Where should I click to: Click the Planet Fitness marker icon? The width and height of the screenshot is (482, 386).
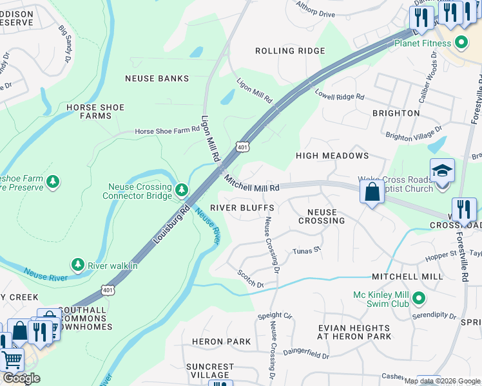pos(461,44)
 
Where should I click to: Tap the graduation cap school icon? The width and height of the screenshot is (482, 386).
pos(442,171)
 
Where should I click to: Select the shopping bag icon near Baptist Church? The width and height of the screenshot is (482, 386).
pos(372,192)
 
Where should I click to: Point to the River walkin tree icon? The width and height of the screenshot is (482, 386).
pos(77,264)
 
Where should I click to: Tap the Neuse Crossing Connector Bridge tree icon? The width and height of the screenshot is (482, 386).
pos(182,189)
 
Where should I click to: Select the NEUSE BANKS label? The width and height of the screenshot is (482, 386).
pos(157,78)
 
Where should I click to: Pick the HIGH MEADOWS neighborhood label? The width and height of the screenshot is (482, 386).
pos(332,156)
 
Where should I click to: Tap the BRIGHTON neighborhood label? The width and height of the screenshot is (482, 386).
pos(396,113)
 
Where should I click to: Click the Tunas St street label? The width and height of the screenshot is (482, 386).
pos(306,251)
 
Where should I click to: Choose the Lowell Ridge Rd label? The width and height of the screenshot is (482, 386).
pos(340,95)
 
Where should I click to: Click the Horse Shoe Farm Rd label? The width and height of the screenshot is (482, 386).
pos(167,131)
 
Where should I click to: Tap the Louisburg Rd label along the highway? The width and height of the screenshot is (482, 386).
pos(171,225)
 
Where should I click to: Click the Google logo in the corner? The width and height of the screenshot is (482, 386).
pos(21,378)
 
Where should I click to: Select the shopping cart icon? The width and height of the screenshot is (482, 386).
pos(12,358)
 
